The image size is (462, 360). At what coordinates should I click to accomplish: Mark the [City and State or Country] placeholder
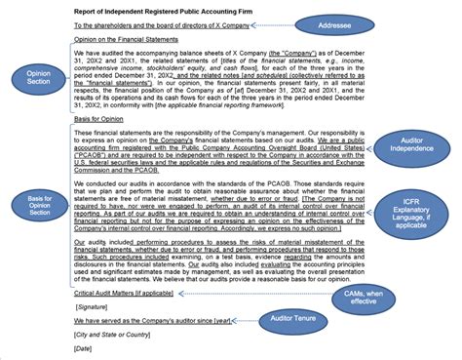[117, 335]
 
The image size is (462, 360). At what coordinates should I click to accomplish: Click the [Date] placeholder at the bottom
[84, 348]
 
